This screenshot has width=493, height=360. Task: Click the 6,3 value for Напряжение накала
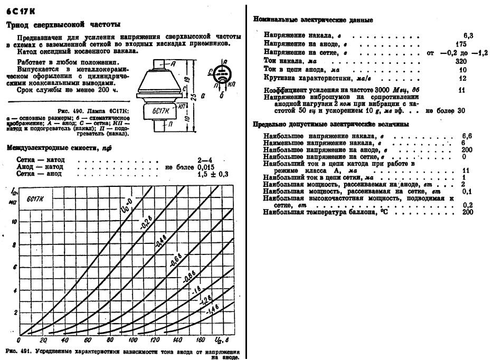[x=468, y=35]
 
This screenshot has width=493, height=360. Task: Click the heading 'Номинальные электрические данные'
[x=314, y=20]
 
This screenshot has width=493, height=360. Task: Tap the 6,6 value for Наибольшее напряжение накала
[x=467, y=136]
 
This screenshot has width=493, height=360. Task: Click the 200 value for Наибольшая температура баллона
[x=467, y=212]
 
